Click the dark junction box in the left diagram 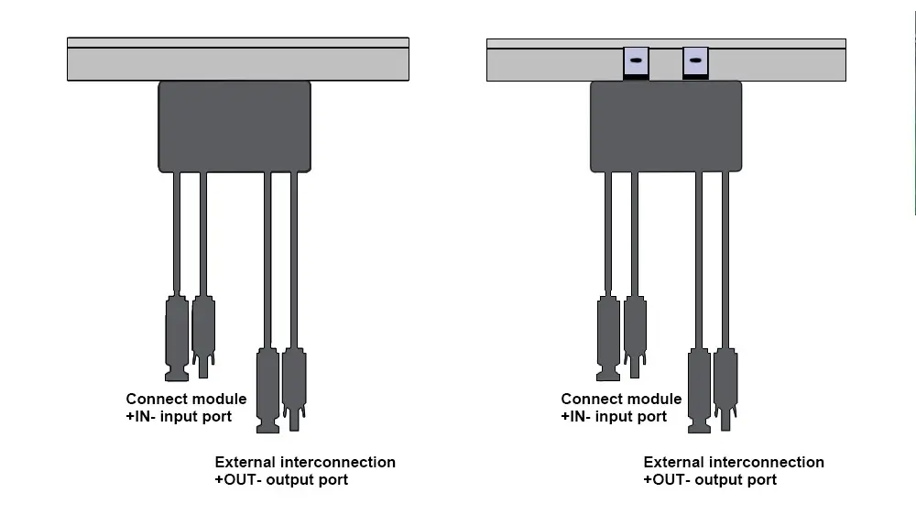point(234,126)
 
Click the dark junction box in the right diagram point(666,126)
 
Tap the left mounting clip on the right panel point(636,62)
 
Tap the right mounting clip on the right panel point(695,62)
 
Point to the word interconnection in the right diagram point(767,462)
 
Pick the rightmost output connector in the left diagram point(294,385)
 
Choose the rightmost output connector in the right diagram point(725,385)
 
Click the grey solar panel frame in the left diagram point(238,63)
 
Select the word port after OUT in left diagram point(333,479)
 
